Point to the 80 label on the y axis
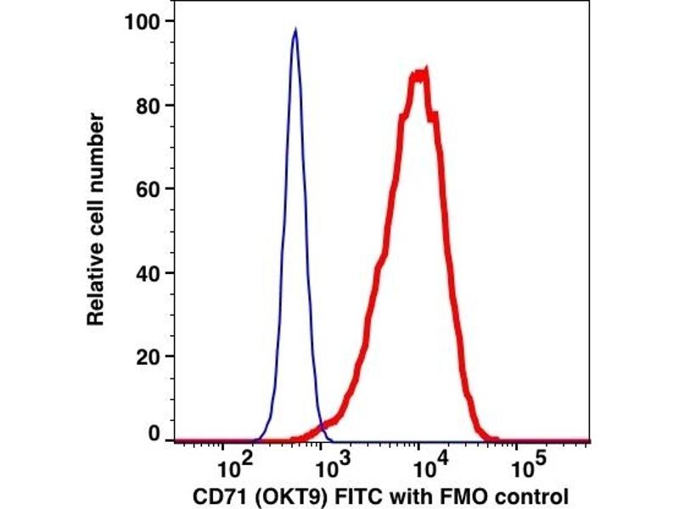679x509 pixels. pyautogui.click(x=150, y=106)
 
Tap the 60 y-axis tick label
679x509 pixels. pyautogui.click(x=150, y=190)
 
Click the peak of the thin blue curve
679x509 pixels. pyautogui.click(x=295, y=31)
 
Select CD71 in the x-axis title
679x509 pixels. pyautogui.click(x=216, y=495)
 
